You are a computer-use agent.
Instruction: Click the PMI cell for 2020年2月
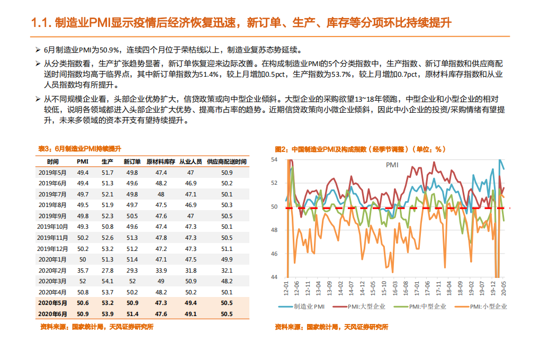coord(83,270)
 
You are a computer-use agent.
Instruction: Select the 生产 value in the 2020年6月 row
coord(107,313)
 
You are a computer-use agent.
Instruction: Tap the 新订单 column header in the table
coord(132,161)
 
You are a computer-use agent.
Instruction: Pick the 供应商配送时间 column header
coord(227,161)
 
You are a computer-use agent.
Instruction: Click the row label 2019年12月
coord(53,248)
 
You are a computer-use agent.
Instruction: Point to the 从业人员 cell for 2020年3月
coord(190,281)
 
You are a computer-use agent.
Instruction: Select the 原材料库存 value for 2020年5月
coord(161,303)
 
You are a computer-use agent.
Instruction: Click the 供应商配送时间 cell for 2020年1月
coord(227,259)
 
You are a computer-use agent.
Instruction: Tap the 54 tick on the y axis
coord(274,159)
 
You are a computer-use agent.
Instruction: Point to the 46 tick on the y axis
coord(274,254)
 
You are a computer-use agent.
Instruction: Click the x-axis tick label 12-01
coord(286,289)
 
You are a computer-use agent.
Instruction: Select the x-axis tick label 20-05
coord(503,289)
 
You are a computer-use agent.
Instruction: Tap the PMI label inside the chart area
coord(392,165)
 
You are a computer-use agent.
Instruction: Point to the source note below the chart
coord(331,327)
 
